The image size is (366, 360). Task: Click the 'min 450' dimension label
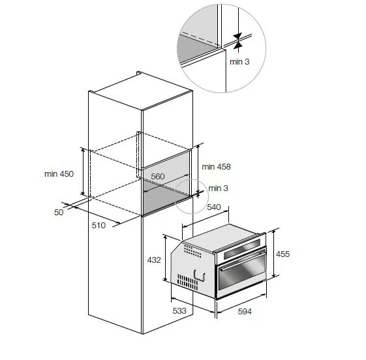tap(59, 174)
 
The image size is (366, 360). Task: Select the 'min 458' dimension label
tap(216, 167)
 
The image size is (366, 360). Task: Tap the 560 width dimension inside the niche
tap(158, 176)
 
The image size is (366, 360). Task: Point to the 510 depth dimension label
tap(99, 226)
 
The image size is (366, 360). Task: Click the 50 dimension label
tap(59, 213)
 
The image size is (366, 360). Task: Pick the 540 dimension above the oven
tap(214, 207)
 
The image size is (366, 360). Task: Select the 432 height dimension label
tap(154, 260)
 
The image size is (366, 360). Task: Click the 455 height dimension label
tap(282, 254)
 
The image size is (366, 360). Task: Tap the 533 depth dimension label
tap(179, 311)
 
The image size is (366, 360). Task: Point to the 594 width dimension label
tap(245, 312)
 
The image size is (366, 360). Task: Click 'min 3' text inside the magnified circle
tap(239, 62)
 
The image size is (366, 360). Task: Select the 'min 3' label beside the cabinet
tap(218, 188)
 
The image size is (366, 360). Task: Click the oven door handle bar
tap(243, 260)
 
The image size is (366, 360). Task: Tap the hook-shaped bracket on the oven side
tap(200, 275)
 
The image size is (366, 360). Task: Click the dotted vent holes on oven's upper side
tap(192, 251)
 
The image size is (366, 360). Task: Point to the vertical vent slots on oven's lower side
tap(187, 282)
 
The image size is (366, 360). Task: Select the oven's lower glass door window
tap(242, 271)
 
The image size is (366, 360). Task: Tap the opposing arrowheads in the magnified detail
tap(237, 41)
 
